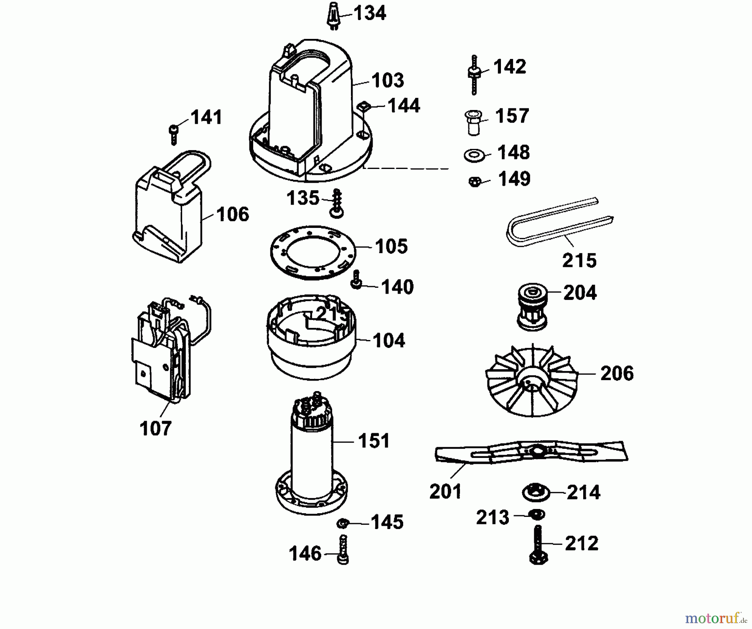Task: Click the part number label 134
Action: [x=370, y=13]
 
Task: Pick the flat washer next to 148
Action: [x=474, y=155]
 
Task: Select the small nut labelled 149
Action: [x=475, y=182]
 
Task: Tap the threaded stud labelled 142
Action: [x=474, y=74]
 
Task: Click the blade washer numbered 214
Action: [x=536, y=492]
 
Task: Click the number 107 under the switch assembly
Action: [x=155, y=429]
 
